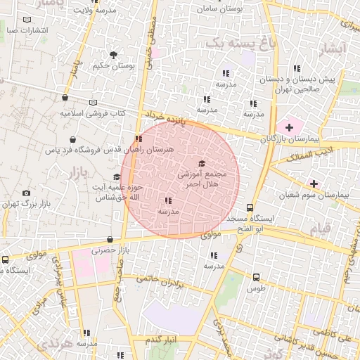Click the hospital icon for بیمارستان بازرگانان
point(288,127)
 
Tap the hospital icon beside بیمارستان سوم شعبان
point(314,184)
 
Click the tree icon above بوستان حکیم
point(113,55)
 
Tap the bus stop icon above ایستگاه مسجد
point(250,208)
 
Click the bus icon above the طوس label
point(255,277)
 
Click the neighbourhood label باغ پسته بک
point(233,44)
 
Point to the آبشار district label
point(333,49)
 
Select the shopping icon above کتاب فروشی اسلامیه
point(65,99)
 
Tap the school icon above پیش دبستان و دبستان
point(297,69)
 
